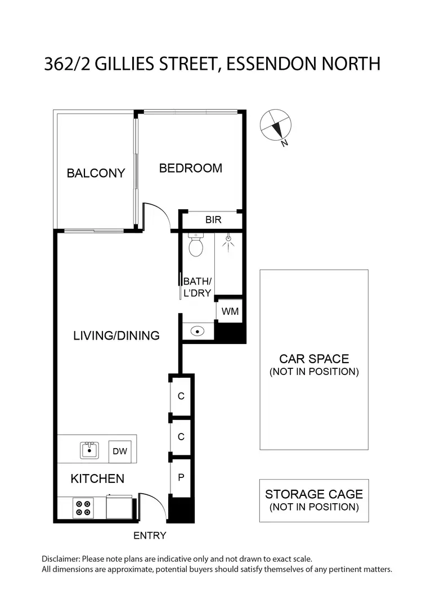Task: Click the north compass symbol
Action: (275, 125)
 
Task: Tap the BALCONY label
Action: (96, 173)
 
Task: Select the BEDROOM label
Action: (190, 168)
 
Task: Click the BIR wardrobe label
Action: (213, 220)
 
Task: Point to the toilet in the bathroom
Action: (196, 245)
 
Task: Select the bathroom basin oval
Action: (197, 331)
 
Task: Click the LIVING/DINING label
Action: (116, 336)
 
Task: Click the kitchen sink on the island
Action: (89, 450)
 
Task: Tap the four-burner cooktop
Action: (83, 508)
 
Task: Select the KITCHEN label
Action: (97, 479)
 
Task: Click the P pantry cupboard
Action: (181, 477)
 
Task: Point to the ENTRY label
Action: (150, 536)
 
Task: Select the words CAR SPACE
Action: (314, 359)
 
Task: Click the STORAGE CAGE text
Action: (314, 495)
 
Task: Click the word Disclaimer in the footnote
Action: (61, 559)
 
